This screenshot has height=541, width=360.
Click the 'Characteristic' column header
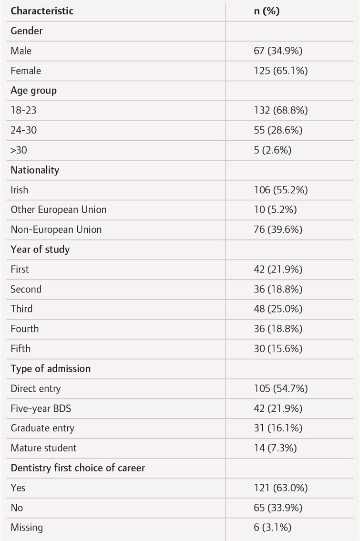tap(42, 11)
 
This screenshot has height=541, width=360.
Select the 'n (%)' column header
tap(267, 11)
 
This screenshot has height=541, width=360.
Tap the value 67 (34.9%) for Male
tap(278, 51)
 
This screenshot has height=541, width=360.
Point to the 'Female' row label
tap(26, 71)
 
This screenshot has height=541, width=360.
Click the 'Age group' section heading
tap(34, 91)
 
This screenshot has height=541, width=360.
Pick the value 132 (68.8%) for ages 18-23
tap(281, 110)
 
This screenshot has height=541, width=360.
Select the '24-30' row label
tap(24, 130)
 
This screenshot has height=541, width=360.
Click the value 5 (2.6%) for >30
tap(272, 150)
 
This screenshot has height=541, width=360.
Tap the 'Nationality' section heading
tap(35, 170)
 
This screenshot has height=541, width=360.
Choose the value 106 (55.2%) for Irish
tap(281, 190)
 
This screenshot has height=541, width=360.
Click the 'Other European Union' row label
tap(59, 210)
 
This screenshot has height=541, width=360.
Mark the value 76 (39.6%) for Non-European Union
tap(278, 230)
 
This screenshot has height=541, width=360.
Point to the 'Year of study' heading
tap(40, 250)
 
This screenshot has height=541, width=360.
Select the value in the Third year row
tap(278, 309)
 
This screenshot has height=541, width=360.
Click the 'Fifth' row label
tap(21, 348)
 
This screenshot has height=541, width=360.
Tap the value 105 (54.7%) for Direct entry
tap(281, 389)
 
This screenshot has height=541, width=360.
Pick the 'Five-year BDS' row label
tap(41, 409)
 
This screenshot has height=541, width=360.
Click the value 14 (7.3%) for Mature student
tap(275, 448)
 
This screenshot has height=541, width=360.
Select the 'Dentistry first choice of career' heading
tap(78, 468)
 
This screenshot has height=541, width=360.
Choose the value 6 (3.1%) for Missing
tap(272, 528)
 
